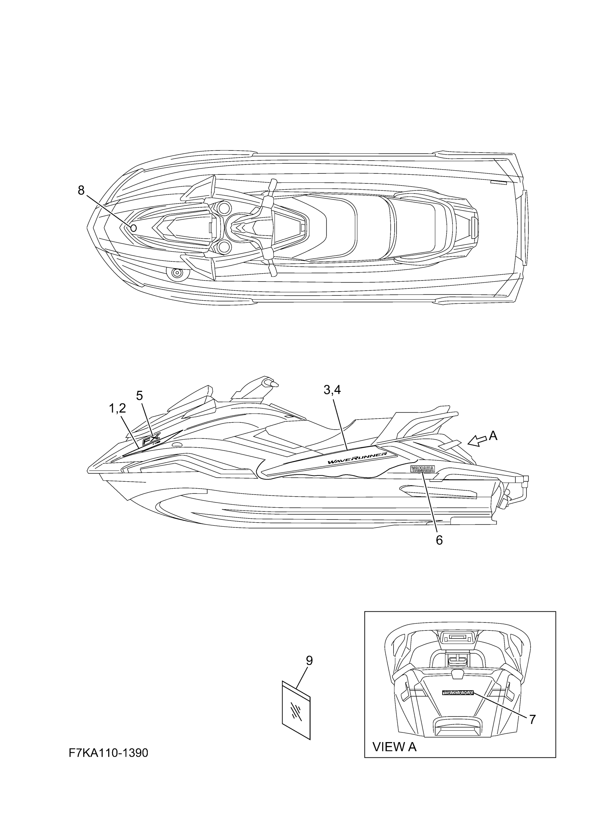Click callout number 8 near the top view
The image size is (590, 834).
(x=81, y=190)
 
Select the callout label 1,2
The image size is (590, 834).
(x=117, y=409)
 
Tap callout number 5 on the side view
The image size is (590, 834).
(x=140, y=396)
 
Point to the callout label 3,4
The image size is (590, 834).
(x=332, y=390)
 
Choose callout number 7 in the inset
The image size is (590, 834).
(x=532, y=719)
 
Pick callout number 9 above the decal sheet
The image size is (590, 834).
(x=309, y=661)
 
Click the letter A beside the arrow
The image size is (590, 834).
(x=493, y=435)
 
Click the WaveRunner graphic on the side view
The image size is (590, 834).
(x=357, y=459)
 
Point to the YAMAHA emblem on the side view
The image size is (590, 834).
(x=422, y=469)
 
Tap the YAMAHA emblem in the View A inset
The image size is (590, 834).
(x=458, y=693)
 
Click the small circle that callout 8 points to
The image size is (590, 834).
(x=133, y=228)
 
